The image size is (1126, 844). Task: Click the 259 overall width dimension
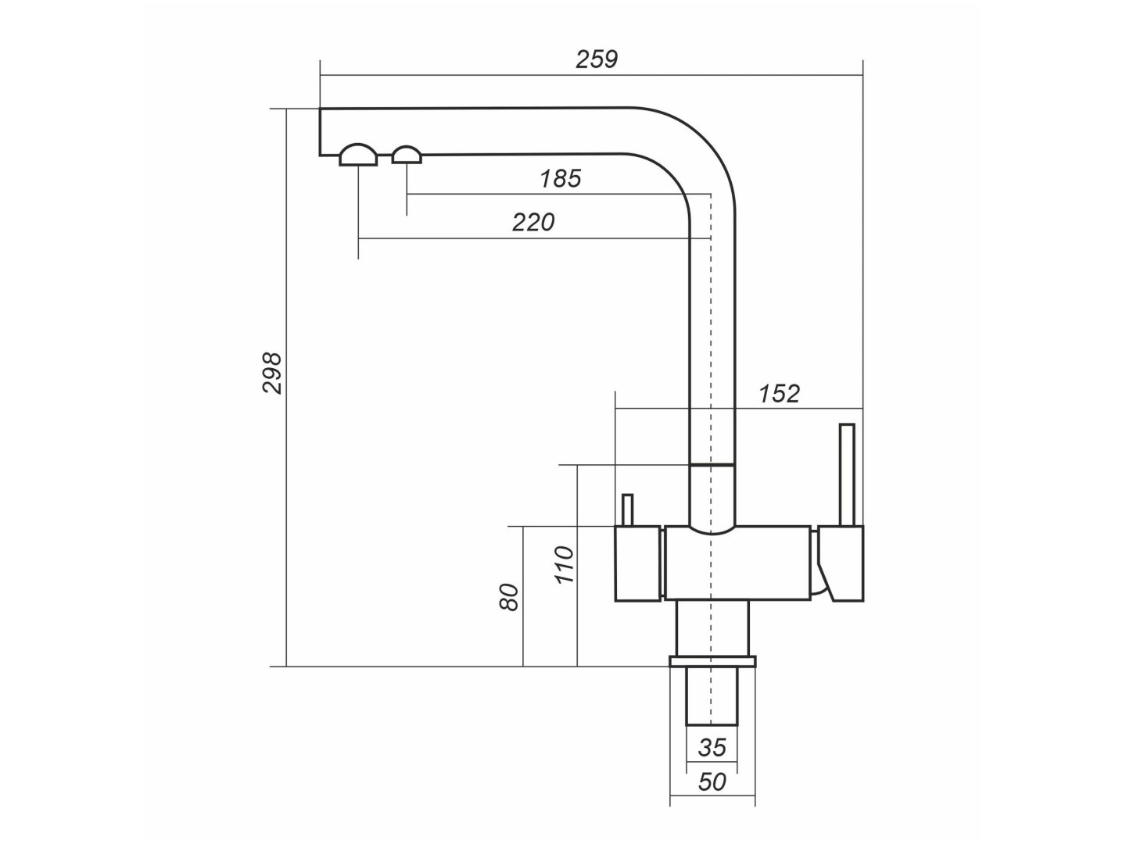597,59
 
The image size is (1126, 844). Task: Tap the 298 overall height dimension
272,373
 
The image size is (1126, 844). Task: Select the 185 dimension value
560,179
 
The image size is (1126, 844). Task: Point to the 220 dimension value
533,223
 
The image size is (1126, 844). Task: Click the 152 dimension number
779,394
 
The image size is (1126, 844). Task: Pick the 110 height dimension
564,565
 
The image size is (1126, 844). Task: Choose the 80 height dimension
509,596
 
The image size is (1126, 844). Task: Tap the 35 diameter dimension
712,748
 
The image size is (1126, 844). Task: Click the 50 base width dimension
712,782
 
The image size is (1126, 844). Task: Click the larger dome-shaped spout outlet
358,154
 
